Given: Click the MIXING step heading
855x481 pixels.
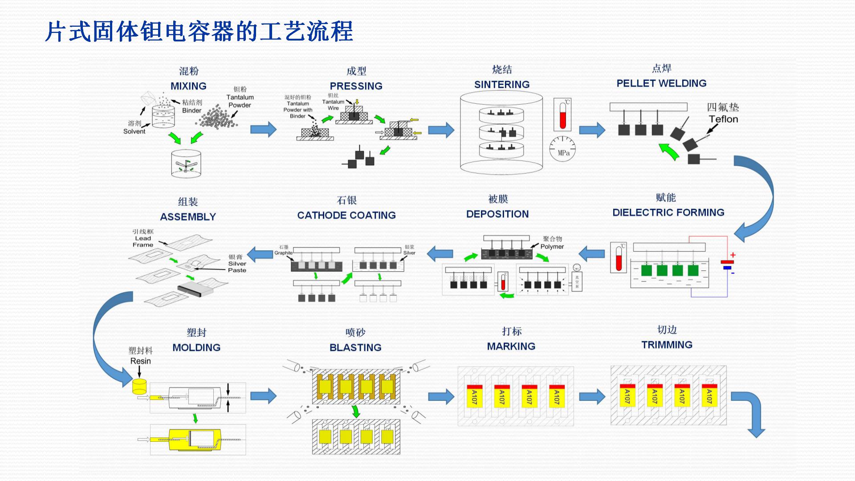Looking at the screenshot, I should coord(188,86).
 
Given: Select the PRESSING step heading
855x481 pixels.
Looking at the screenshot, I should coord(356,86).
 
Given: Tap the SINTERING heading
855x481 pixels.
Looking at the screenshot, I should coord(502,85).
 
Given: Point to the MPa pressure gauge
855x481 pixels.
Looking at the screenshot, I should coord(563,149).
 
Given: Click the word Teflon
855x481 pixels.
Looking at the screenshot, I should coord(723,119).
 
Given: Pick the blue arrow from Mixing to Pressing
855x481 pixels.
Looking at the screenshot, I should coord(263,130).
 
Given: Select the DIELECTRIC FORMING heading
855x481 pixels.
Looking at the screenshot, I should coord(668,212).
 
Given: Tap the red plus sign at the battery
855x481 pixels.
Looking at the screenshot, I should coord(733,255).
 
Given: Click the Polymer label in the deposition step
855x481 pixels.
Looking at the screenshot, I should coord(552,247).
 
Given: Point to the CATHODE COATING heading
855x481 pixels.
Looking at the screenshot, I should coord(346,216).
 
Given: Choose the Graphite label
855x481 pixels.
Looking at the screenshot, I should coord(283,253).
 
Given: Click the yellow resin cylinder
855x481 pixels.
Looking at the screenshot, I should coord(139,386).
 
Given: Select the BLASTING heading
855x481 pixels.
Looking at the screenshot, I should coord(355,348).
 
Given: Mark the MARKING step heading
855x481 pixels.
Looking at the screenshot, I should coord(511,346).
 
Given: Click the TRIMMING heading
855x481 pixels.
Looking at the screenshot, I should coord(667,345).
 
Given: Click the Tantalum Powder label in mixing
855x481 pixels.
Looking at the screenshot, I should coord(240,101).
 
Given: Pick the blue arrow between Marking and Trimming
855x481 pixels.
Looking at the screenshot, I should coord(592,396).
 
